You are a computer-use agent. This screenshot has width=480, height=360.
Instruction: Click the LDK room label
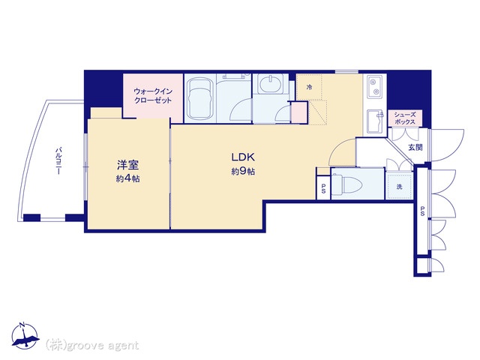[243, 157]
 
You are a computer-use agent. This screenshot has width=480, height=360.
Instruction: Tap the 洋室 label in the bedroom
[125, 165]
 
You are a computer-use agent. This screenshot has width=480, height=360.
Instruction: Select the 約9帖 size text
[243, 172]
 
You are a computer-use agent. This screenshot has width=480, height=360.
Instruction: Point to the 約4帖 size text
[125, 178]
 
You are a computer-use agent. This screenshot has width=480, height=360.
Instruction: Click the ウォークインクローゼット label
[153, 94]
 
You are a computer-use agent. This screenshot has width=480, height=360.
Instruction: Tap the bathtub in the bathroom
[201, 100]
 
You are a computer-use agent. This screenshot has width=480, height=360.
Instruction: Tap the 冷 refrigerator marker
[309, 88]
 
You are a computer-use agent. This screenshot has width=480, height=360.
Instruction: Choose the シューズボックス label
[409, 118]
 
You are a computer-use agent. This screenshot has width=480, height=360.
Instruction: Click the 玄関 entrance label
[415, 147]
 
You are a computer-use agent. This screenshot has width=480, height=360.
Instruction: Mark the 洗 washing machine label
[400, 184]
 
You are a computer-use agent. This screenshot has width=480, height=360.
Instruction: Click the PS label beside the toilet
[323, 187]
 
